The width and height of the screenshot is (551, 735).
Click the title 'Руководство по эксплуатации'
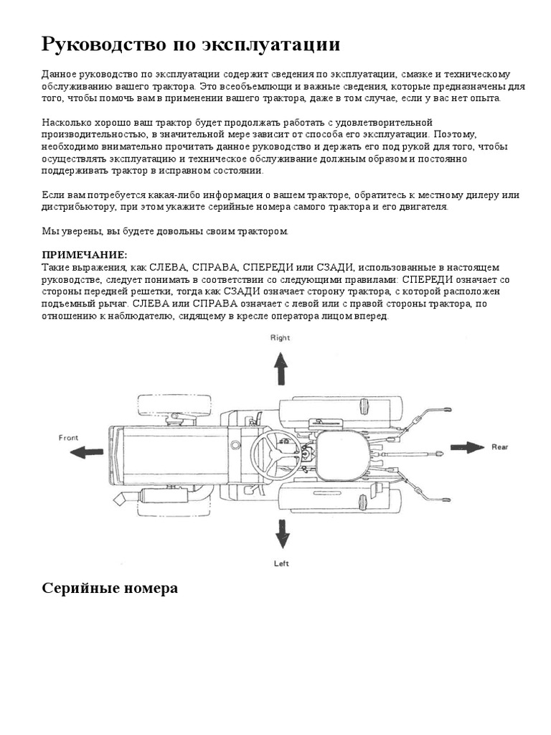190,45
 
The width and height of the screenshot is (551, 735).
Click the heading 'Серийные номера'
109,588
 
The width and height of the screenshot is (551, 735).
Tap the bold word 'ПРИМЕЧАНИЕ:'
84,256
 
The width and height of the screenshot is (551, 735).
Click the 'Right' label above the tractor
280,337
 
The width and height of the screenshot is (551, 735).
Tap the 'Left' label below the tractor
281,563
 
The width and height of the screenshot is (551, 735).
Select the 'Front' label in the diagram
69,437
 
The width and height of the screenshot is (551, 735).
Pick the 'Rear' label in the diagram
499,447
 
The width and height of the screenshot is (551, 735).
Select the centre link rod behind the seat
409,454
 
